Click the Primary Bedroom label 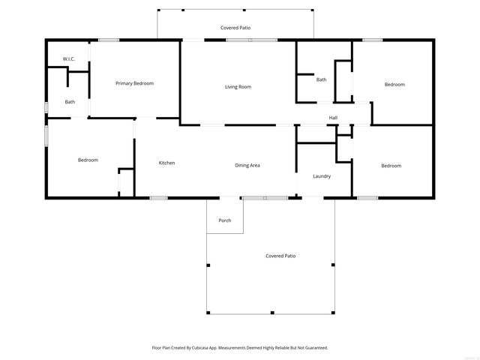(x=134, y=83)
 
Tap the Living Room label (x=238, y=87)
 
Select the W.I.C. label (x=68, y=59)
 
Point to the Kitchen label (x=166, y=163)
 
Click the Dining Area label (x=247, y=165)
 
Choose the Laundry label (x=322, y=176)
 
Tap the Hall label (x=333, y=118)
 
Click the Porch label (x=224, y=220)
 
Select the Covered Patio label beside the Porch (x=280, y=256)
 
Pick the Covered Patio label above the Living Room (x=235, y=28)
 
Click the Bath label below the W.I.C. (x=70, y=102)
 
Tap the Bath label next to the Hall (x=321, y=79)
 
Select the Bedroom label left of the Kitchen (x=88, y=160)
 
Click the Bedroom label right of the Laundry (x=391, y=166)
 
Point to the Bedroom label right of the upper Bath (x=394, y=85)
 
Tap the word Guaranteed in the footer (x=313, y=348)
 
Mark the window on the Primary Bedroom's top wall (x=109, y=40)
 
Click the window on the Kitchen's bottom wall (x=158, y=198)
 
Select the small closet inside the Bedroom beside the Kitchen (x=126, y=183)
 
